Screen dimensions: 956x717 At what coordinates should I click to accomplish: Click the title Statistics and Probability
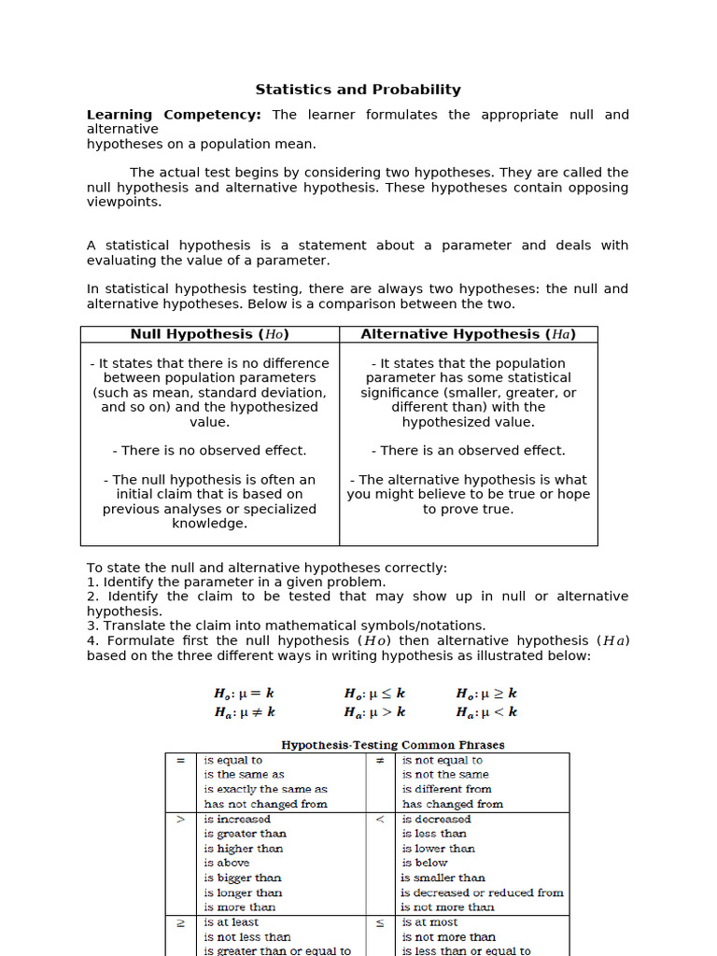(x=358, y=90)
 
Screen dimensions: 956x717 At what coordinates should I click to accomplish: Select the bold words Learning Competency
(x=174, y=115)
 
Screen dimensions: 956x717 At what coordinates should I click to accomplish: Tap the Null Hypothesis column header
(x=209, y=334)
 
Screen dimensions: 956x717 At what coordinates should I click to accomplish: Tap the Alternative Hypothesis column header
(x=468, y=334)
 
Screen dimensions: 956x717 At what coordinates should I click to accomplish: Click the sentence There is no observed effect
(x=209, y=450)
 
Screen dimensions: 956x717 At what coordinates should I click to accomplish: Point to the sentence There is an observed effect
(x=468, y=450)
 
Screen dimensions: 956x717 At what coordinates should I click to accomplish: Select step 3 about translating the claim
(x=286, y=626)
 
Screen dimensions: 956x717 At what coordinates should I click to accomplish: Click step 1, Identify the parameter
(x=235, y=582)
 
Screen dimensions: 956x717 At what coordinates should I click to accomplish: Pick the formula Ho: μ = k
(x=244, y=694)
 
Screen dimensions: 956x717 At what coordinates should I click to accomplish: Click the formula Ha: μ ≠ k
(x=244, y=712)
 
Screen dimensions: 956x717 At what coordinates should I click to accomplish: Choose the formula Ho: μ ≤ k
(x=374, y=694)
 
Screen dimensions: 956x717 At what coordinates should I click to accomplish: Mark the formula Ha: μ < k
(x=485, y=712)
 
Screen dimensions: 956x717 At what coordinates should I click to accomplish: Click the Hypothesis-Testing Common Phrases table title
(x=392, y=745)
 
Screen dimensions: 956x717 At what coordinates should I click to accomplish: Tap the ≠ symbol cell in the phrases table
(x=379, y=761)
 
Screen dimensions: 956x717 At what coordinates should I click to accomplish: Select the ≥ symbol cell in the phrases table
(x=180, y=922)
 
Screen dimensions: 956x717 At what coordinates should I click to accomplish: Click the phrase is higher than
(x=243, y=849)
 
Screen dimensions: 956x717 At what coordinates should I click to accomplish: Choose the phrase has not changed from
(x=265, y=804)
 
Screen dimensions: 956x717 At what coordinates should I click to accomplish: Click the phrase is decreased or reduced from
(x=482, y=893)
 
